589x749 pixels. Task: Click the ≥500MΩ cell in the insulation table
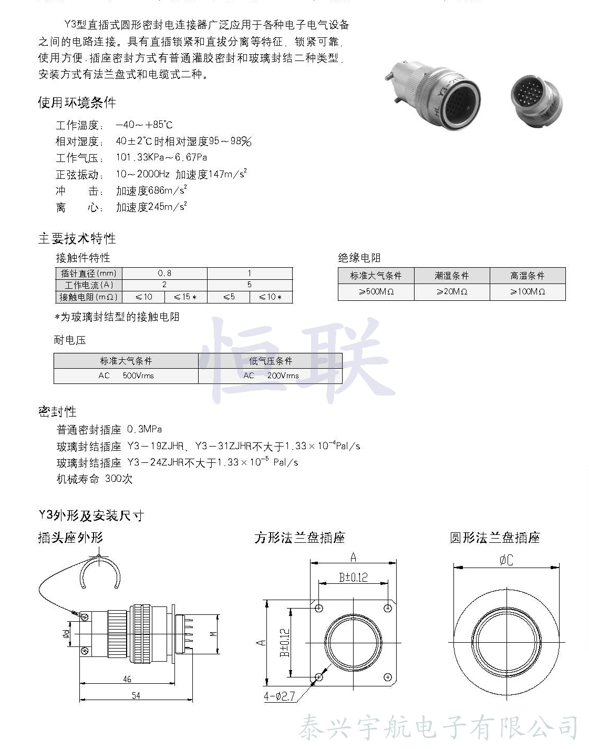click(x=376, y=291)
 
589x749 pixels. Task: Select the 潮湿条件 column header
click(x=452, y=276)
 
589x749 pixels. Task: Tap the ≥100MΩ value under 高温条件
click(x=528, y=291)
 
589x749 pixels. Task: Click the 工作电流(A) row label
click(x=89, y=285)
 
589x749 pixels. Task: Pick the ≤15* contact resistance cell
click(x=185, y=297)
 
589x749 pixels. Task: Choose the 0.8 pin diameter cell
click(x=164, y=273)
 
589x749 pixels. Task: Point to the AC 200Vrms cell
click(x=271, y=376)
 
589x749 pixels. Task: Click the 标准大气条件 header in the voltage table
click(x=126, y=361)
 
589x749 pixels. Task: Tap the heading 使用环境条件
click(x=77, y=103)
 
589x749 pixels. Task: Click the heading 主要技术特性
click(x=77, y=238)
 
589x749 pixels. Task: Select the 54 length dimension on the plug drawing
click(x=136, y=695)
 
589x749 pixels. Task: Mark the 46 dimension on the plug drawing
click(x=127, y=679)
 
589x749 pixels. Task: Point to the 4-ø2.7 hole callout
click(x=280, y=696)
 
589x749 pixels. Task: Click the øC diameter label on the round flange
click(x=506, y=561)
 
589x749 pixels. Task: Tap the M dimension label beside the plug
click(x=213, y=634)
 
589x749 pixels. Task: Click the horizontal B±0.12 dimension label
click(x=353, y=578)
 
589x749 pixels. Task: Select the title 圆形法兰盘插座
click(x=494, y=538)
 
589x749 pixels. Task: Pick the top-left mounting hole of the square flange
click(x=319, y=609)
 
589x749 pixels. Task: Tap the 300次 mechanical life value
click(x=119, y=479)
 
